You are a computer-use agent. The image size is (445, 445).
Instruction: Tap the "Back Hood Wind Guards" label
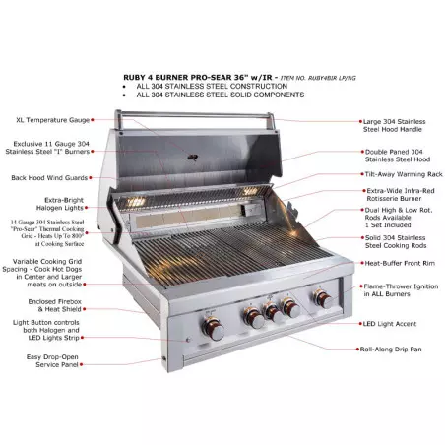point(43,178)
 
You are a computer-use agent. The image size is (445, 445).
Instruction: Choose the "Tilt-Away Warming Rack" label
point(402,173)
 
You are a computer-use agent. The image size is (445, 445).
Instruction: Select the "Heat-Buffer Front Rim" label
point(399,263)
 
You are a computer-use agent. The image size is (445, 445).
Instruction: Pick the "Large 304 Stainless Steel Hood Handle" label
point(400,125)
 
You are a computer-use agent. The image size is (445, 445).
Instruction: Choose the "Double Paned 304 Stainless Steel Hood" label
point(400,151)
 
